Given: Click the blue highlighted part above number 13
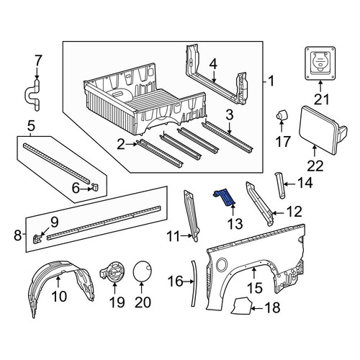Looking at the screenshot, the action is tap(225, 197).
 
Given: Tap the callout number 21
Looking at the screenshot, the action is tap(322, 99).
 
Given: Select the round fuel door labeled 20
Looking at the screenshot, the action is tap(142, 271).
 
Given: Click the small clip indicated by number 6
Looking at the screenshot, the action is tap(95, 186).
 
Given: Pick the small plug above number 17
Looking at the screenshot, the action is tap(282, 114).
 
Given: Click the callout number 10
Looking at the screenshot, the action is tap(59, 297).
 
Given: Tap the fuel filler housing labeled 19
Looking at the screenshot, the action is tap(112, 272).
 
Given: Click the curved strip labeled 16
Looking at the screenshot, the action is tap(194, 283).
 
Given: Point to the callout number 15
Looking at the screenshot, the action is tap(254, 288).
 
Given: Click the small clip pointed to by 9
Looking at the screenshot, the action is tap(37, 239).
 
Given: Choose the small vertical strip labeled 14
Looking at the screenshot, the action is tap(279, 185).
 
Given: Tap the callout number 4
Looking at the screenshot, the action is tap(213, 65).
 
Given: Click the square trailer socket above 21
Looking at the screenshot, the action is tap(320, 63).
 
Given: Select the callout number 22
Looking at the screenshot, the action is tap(315, 166).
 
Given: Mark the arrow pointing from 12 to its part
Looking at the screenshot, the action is tap(279, 213).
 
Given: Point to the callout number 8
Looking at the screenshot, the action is tap(18, 235).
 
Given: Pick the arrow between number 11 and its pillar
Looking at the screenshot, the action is tap(186, 236).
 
